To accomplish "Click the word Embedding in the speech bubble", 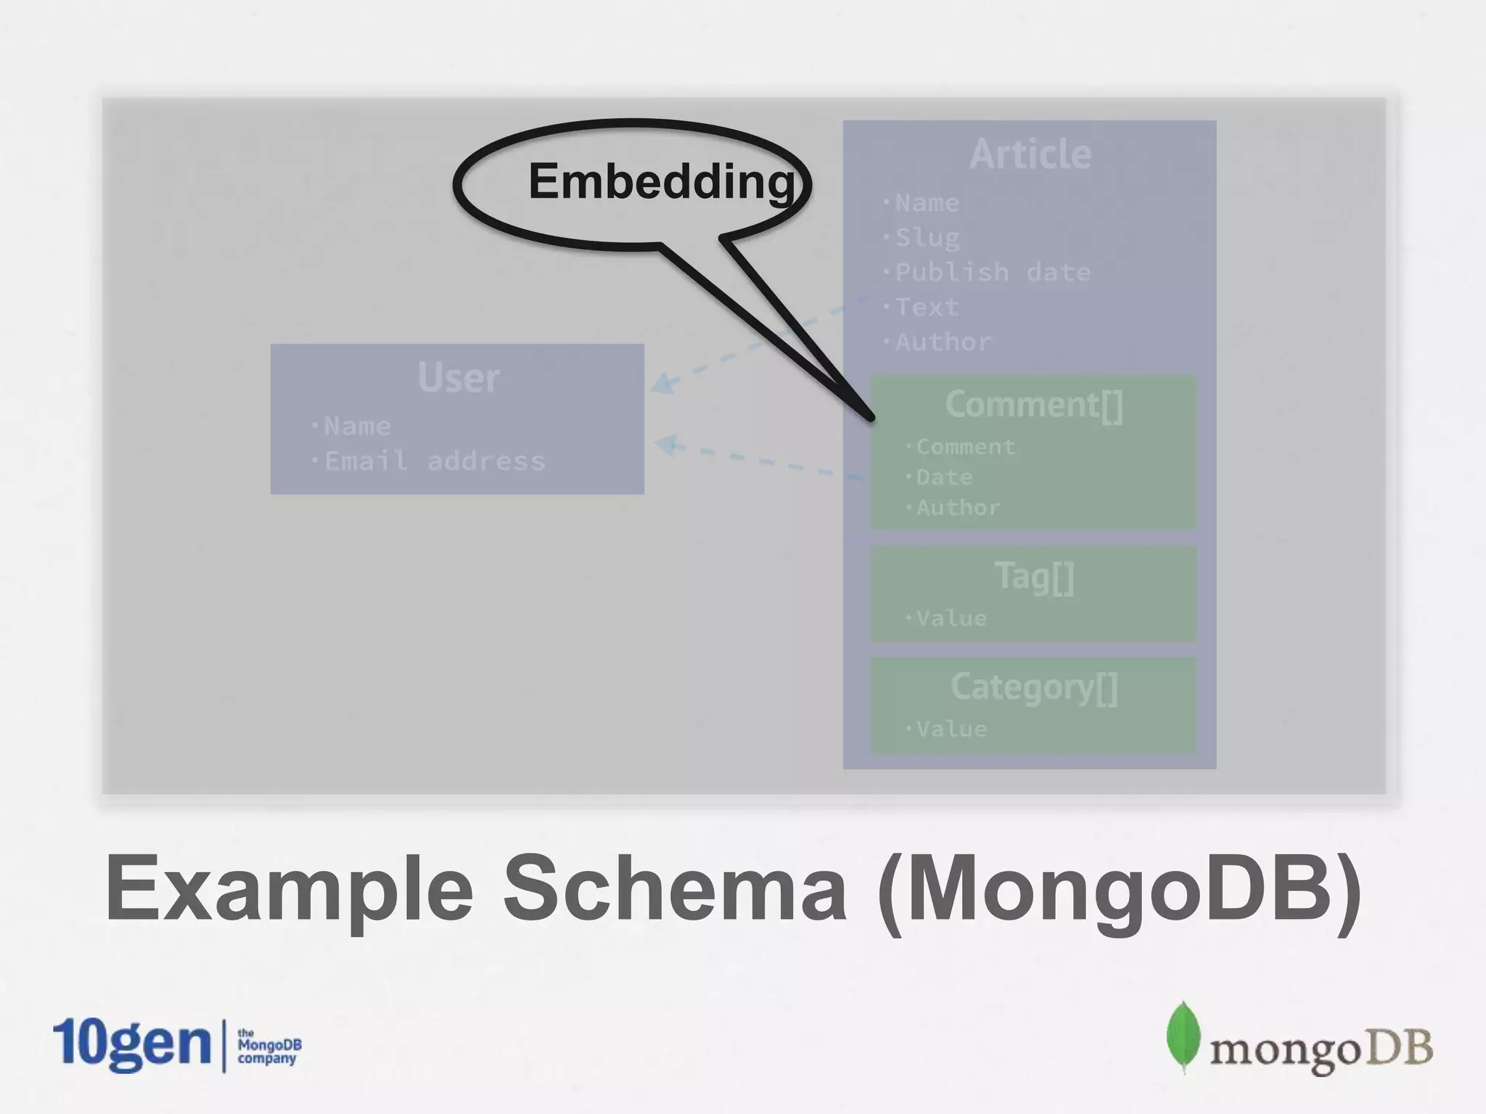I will point(661,181).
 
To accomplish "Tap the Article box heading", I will point(1030,154).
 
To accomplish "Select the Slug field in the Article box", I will point(927,238).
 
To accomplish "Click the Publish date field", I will point(992,273).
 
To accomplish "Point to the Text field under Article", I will point(927,308).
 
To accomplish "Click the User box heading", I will point(458,378).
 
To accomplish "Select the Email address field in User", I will point(434,461).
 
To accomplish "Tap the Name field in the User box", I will point(357,426).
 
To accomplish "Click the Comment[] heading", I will point(1033,405).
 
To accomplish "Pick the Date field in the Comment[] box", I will point(943,477).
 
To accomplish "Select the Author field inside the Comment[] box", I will point(958,508).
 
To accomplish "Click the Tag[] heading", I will point(1033,577).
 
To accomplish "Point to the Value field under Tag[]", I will point(951,619).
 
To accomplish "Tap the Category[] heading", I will point(1033,688).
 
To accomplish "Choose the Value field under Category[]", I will point(951,729).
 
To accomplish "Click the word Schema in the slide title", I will point(675,889).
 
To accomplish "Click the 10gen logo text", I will point(131,1044).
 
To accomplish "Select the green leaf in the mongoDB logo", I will point(1183,1036).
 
